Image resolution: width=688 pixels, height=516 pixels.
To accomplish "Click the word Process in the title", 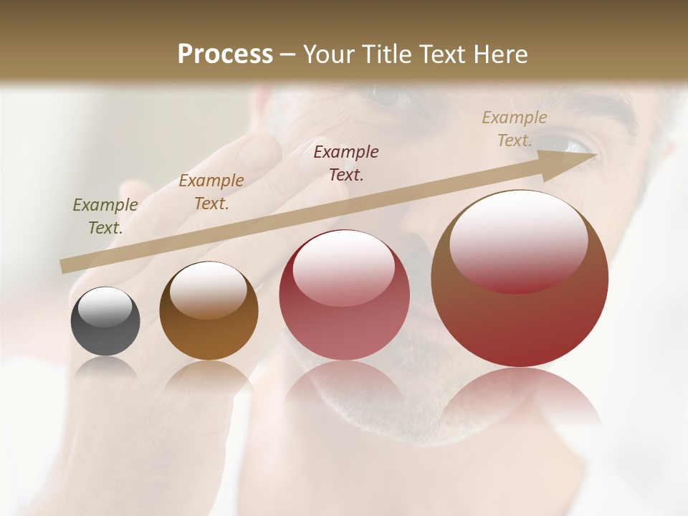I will coord(225,54).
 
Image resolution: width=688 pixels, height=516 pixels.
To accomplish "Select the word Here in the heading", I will coord(500,54).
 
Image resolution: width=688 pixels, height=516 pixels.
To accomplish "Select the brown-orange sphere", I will coord(209,312).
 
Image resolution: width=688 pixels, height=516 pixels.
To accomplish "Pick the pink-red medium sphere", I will coord(344,296).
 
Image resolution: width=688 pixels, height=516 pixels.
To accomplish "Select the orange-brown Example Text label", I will coord(211,192).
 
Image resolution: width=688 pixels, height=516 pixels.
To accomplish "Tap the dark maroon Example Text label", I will coord(346,163).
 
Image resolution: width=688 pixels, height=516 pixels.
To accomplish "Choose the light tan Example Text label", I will coord(515,129).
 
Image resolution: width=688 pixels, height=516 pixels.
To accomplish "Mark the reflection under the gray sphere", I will coord(105,368).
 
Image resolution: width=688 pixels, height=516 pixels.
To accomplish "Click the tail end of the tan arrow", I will coord(65,267).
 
